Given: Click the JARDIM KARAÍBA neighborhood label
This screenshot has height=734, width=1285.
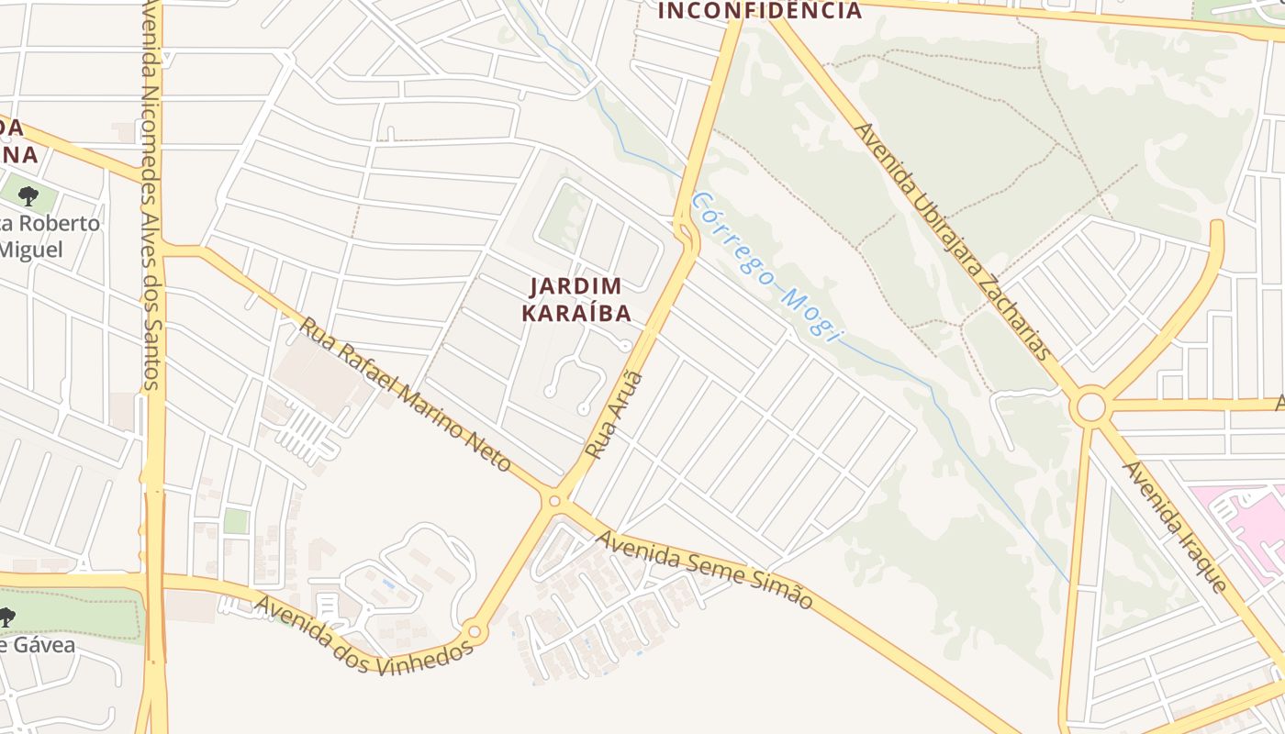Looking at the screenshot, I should tap(576, 300).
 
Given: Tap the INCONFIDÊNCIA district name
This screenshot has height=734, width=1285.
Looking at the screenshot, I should tap(760, 11).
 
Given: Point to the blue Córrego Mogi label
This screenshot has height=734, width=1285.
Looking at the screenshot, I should tap(766, 267).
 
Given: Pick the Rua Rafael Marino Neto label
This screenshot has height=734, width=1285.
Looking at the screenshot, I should tap(406, 395).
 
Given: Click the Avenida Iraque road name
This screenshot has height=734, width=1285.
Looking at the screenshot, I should tap(1176, 527).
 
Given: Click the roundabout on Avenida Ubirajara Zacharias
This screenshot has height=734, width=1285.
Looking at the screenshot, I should tap(1091, 406).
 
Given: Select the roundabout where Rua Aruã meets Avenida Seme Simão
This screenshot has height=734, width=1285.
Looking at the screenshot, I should tap(554, 500).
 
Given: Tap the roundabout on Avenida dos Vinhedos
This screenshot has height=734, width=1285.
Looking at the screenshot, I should tap(474, 631).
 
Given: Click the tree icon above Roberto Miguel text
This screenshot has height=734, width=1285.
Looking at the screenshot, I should tap(28, 195).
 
